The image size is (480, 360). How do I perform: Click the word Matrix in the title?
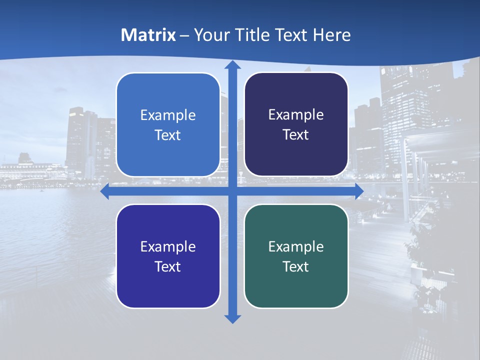click(148, 35)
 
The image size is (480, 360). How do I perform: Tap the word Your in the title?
click(210, 35)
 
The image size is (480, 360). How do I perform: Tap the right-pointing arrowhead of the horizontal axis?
click(359, 191)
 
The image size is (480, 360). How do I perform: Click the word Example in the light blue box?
click(168, 115)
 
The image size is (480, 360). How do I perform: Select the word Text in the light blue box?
click(168, 135)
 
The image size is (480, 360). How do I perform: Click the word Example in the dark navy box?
click(296, 115)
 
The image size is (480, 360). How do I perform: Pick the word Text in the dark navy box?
click(296, 135)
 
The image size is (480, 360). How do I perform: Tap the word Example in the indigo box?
click(168, 246)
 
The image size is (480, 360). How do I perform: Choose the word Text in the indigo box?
click(168, 266)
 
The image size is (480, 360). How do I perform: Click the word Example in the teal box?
click(296, 246)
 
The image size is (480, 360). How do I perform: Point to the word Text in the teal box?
click(296, 266)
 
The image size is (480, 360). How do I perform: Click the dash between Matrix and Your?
click(184, 35)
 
